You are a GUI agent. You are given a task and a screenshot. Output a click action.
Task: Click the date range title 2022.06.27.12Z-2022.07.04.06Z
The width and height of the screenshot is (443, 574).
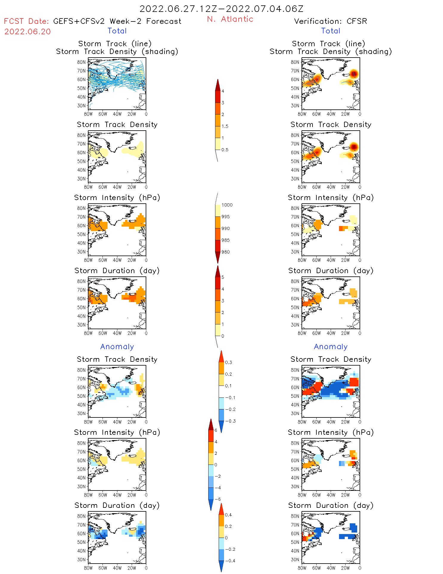tap(221, 9)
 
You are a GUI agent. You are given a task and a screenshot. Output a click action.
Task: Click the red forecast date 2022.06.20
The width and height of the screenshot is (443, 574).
tap(27, 32)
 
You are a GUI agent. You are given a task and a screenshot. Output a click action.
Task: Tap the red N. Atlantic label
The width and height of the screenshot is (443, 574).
tap(230, 19)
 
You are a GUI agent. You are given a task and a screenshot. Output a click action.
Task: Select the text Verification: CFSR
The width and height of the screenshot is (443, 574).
tap(330, 21)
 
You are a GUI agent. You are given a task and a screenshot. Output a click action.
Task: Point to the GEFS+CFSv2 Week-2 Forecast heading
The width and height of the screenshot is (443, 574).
tap(117, 21)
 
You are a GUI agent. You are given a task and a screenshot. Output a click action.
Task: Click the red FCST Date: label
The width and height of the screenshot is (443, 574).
tap(26, 21)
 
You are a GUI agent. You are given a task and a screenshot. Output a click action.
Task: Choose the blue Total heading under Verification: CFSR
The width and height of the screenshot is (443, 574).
tap(330, 31)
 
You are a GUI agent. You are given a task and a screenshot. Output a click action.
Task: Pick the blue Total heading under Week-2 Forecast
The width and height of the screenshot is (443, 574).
tap(117, 31)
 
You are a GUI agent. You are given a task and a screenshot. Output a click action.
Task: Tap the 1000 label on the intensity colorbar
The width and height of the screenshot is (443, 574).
tap(227, 205)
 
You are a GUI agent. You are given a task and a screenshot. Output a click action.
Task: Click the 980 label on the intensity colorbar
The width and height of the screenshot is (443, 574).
tap(226, 252)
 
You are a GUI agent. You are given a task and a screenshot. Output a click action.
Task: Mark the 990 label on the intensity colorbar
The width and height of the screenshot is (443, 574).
tap(226, 228)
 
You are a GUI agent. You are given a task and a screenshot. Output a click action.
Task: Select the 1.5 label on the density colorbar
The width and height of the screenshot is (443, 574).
tap(225, 126)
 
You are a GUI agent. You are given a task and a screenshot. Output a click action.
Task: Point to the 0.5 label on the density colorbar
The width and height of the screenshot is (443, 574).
tap(225, 150)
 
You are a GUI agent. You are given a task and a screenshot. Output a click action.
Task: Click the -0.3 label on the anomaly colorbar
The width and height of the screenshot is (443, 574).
tap(230, 421)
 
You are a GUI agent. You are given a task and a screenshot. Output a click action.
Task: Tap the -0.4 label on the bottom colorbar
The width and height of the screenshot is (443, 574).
tap(230, 561)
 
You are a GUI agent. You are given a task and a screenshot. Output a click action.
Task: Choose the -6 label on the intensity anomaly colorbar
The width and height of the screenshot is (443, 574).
tap(218, 499)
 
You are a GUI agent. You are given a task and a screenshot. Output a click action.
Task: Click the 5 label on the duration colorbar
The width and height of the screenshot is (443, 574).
tap(223, 277)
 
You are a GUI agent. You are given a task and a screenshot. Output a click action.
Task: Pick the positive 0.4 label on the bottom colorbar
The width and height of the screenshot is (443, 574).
tap(229, 515)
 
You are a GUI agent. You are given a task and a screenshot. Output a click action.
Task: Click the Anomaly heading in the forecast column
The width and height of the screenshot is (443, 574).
tap(117, 346)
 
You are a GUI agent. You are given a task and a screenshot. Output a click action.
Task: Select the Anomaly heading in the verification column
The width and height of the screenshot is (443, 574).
tap(330, 346)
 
